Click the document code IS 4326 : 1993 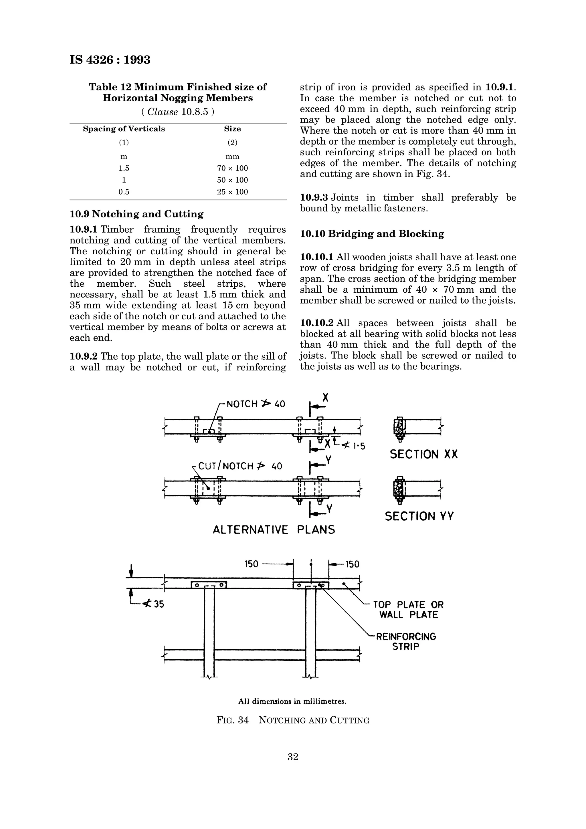110,60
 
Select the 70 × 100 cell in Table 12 232,168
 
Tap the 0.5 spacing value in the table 124,192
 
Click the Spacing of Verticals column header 124,129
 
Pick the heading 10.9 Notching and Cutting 136,214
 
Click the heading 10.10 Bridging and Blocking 372,234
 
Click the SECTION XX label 423,454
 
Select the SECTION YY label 419,516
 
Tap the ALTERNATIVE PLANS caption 274,530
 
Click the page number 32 293,757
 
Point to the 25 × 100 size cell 232,192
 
